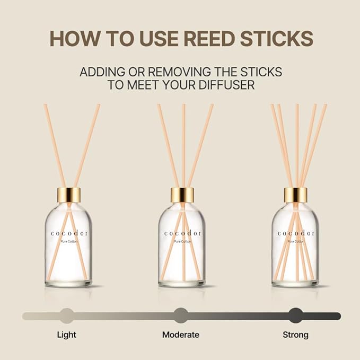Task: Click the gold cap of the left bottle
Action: (x=69, y=195)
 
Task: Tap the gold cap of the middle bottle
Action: (x=182, y=195)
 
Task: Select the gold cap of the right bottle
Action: (x=295, y=195)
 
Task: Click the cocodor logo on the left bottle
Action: (x=69, y=233)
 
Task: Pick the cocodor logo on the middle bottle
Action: (x=182, y=233)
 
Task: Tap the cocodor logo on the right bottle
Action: (x=295, y=233)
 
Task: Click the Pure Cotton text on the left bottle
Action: (x=69, y=241)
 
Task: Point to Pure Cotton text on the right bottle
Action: (x=295, y=241)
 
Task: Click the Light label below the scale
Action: (x=67, y=335)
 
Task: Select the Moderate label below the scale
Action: (x=181, y=335)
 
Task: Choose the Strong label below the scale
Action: (x=295, y=335)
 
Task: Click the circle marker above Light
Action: (x=67, y=315)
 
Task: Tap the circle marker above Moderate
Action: (x=181, y=315)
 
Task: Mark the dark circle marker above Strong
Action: (x=295, y=315)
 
